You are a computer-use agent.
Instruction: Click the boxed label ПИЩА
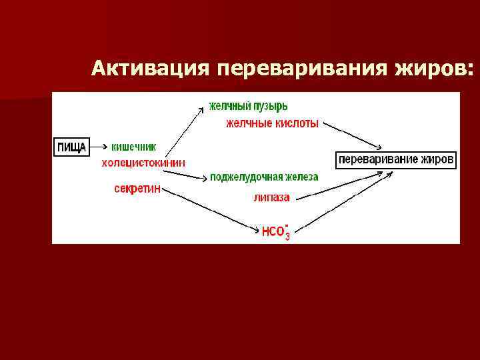[71, 146]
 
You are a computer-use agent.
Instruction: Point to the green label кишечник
[134, 147]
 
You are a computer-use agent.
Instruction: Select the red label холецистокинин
[143, 163]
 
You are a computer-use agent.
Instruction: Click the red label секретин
[137, 189]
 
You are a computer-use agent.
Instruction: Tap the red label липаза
[271, 197]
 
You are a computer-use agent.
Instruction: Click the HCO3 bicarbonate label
[275, 231]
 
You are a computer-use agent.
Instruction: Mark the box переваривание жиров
[396, 160]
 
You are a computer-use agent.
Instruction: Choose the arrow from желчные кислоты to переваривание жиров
[353, 136]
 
